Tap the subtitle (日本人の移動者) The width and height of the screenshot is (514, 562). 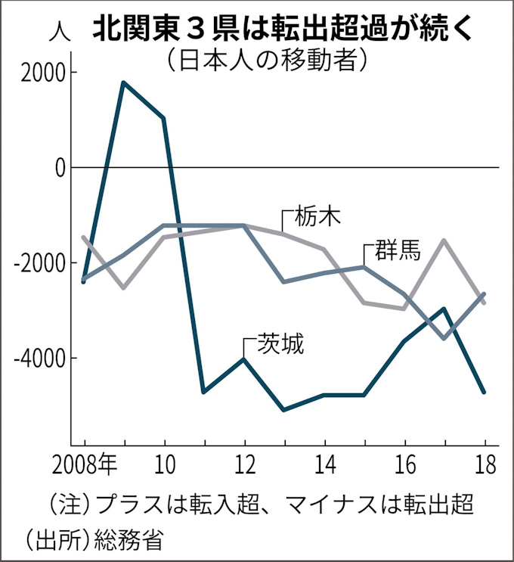268,61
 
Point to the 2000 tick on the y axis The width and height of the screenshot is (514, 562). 43,73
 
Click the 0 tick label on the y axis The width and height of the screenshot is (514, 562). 59,167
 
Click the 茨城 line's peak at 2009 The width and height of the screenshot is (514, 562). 124,82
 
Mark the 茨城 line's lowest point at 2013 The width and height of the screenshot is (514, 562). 283,410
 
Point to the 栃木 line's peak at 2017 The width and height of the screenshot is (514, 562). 444,241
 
